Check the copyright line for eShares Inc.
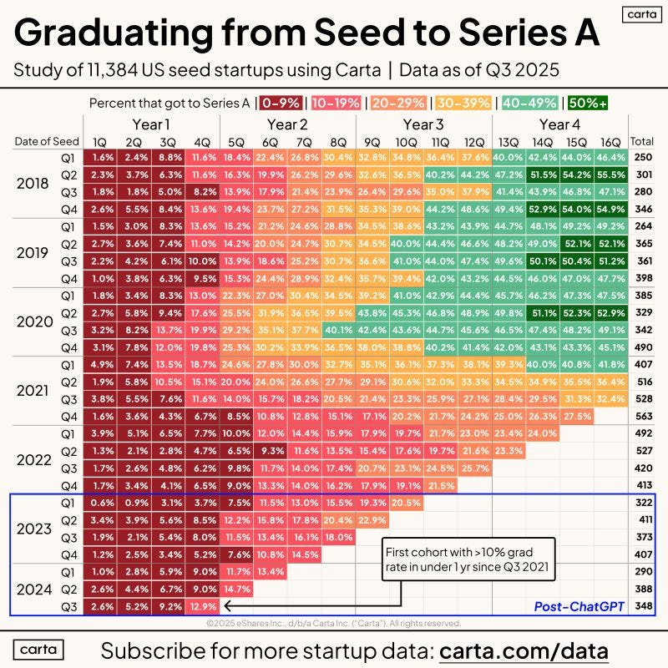333,622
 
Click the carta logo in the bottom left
38,649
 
